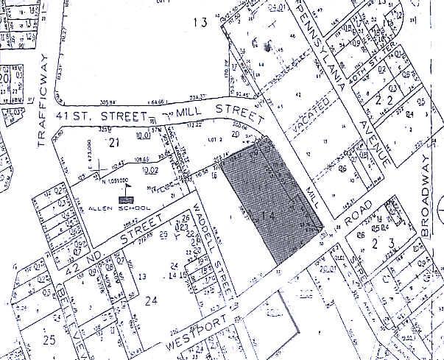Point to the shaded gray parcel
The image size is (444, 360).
coord(272,199)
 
